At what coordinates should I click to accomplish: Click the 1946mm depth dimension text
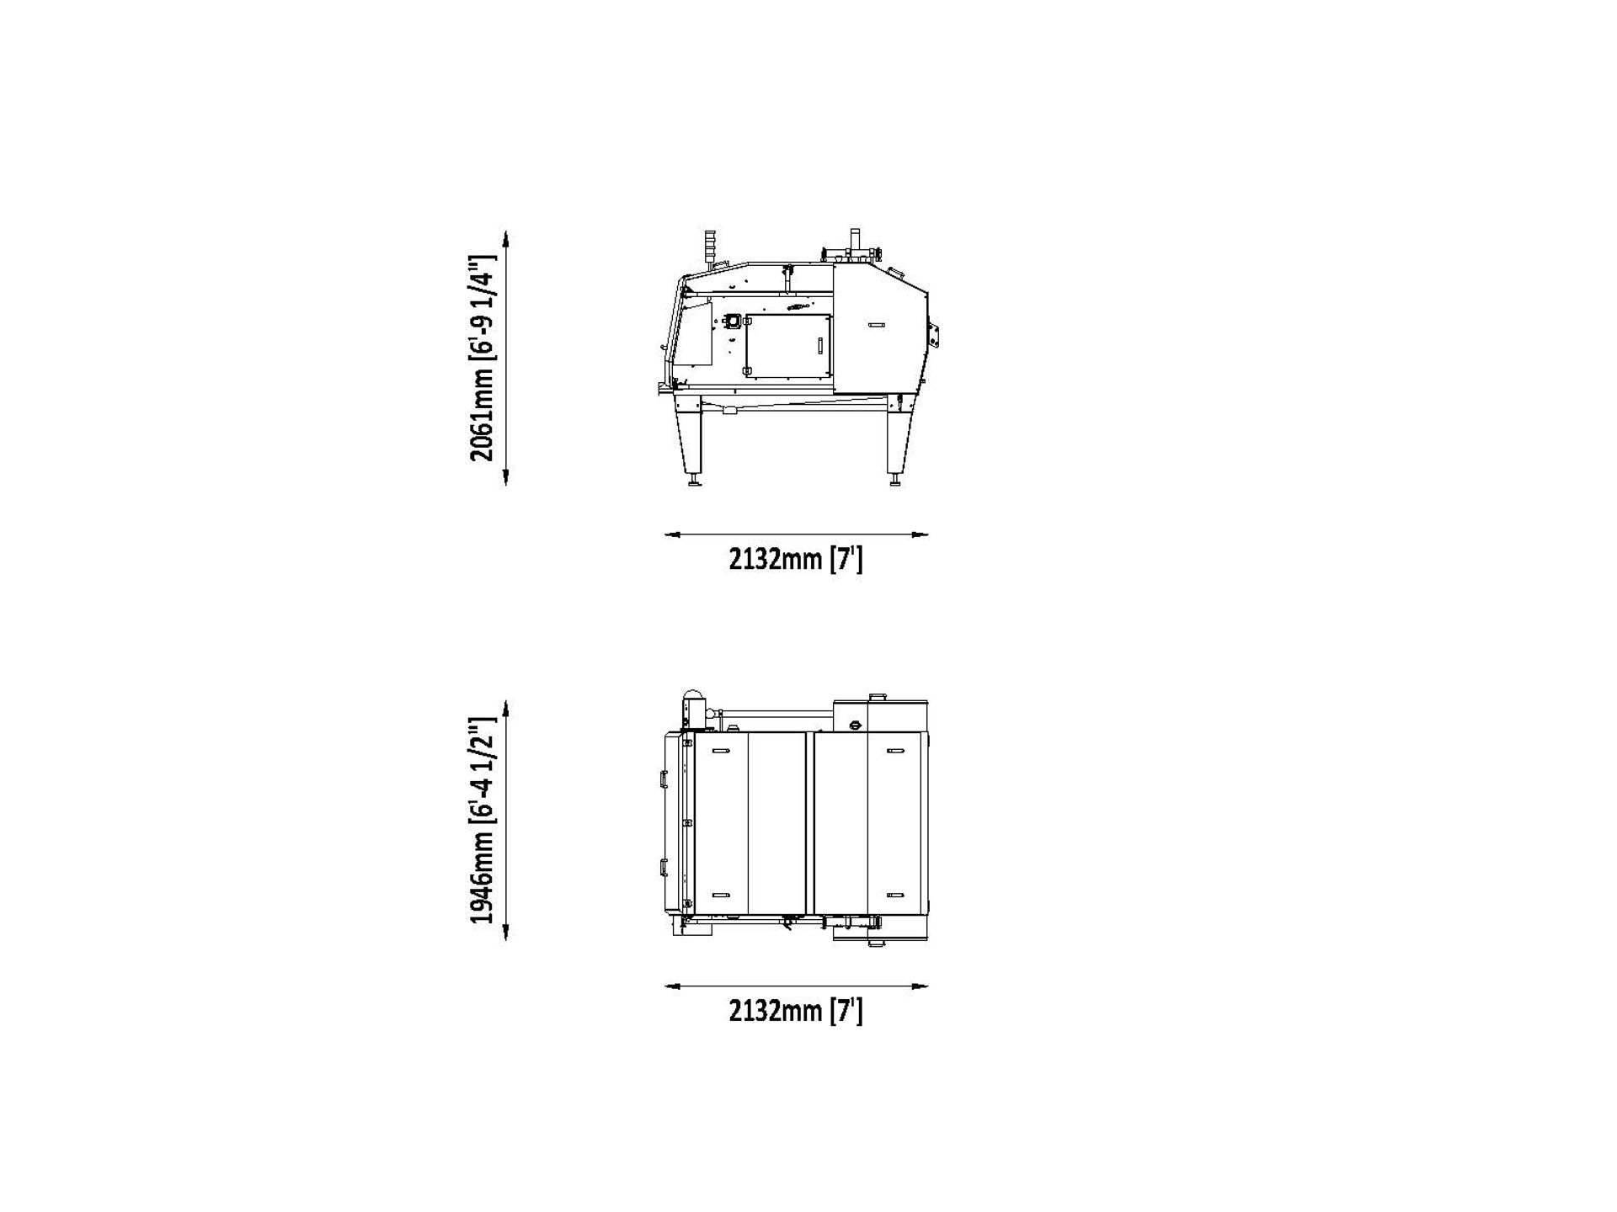483,821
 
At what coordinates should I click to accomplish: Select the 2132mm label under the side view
796,559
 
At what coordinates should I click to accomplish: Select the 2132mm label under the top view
796,1010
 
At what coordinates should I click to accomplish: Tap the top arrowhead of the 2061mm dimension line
505,237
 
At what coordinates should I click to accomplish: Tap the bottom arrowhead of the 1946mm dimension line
505,933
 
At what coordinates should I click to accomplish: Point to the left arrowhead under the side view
672,534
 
